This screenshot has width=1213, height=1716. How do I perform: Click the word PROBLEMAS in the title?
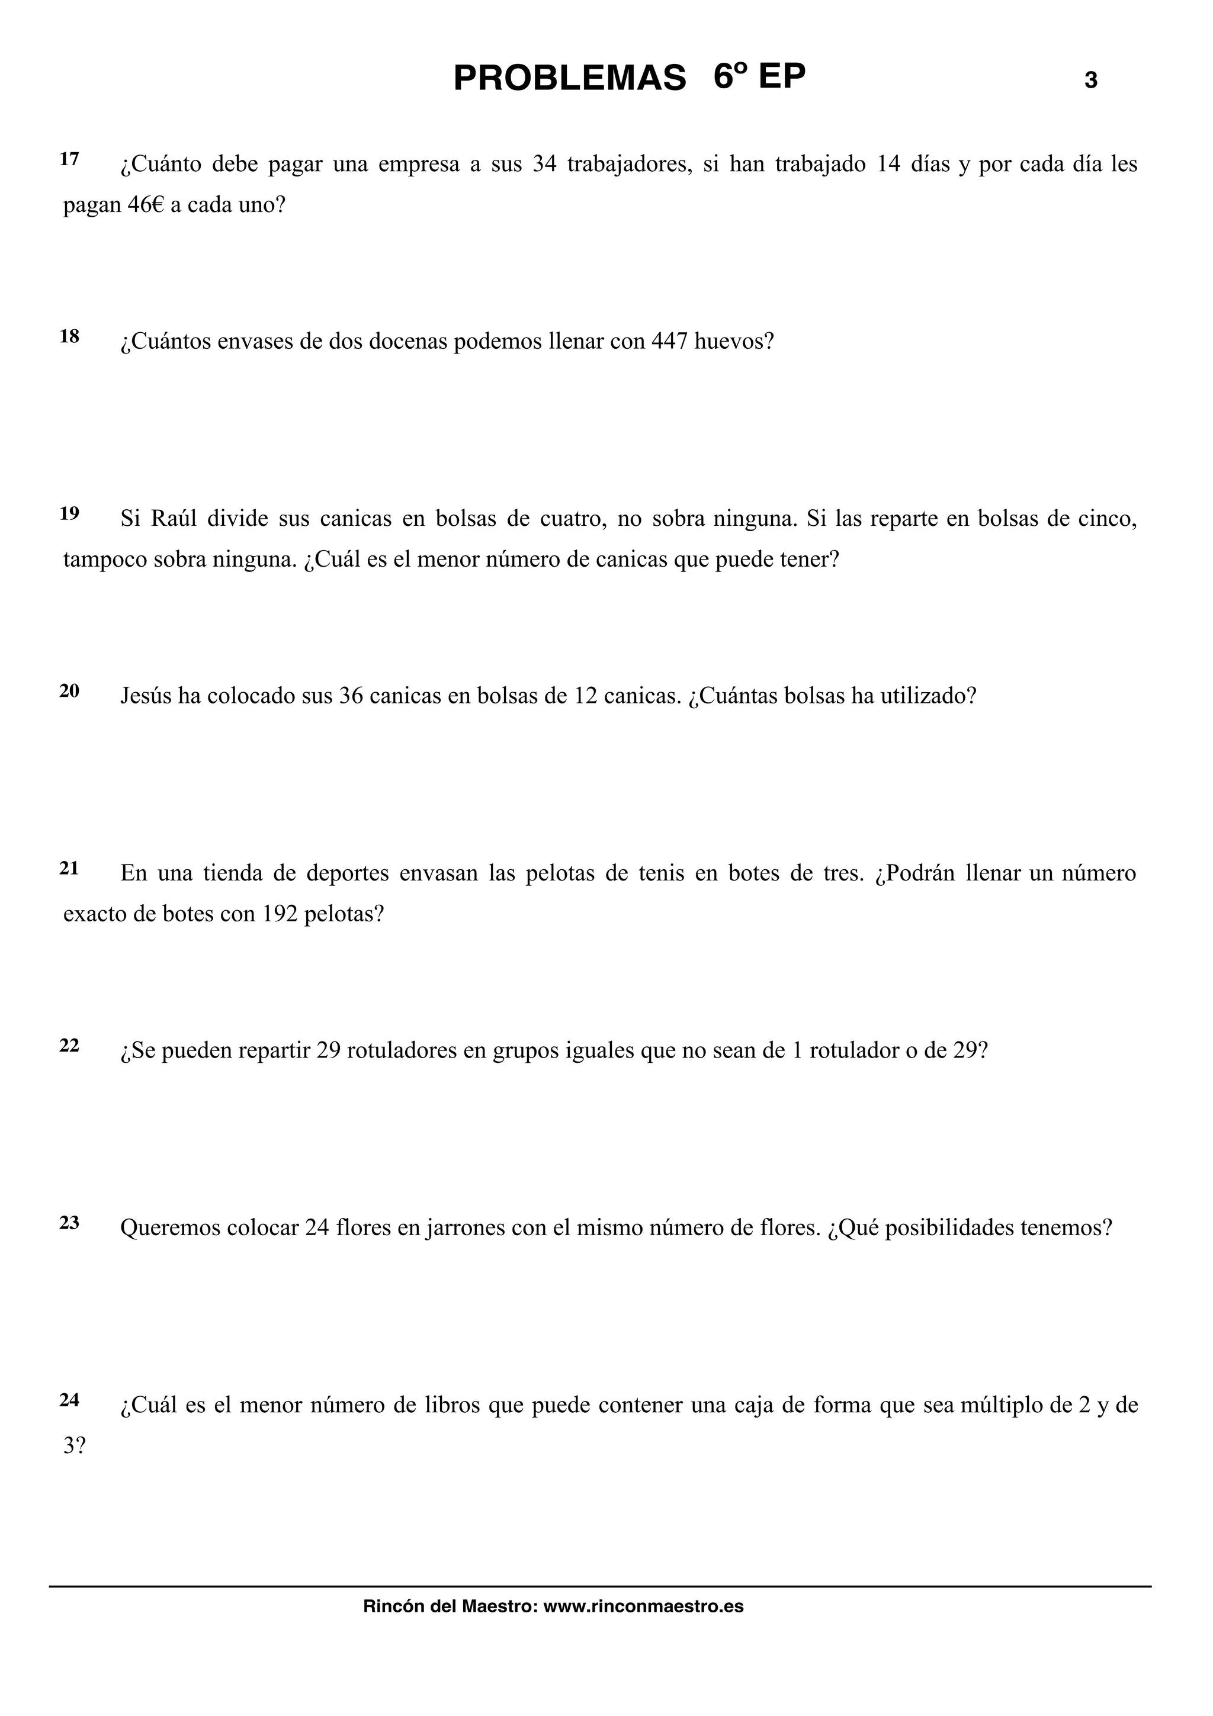click(570, 79)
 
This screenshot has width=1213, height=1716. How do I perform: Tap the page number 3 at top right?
click(1090, 81)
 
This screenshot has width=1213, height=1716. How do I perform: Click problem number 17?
click(69, 159)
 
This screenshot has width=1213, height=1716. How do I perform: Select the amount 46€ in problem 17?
click(145, 205)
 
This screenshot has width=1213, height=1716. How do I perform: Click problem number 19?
click(69, 513)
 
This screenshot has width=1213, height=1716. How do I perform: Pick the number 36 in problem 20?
click(351, 696)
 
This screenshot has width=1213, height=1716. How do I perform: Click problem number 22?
click(69, 1046)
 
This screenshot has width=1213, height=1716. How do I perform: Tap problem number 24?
click(69, 1400)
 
